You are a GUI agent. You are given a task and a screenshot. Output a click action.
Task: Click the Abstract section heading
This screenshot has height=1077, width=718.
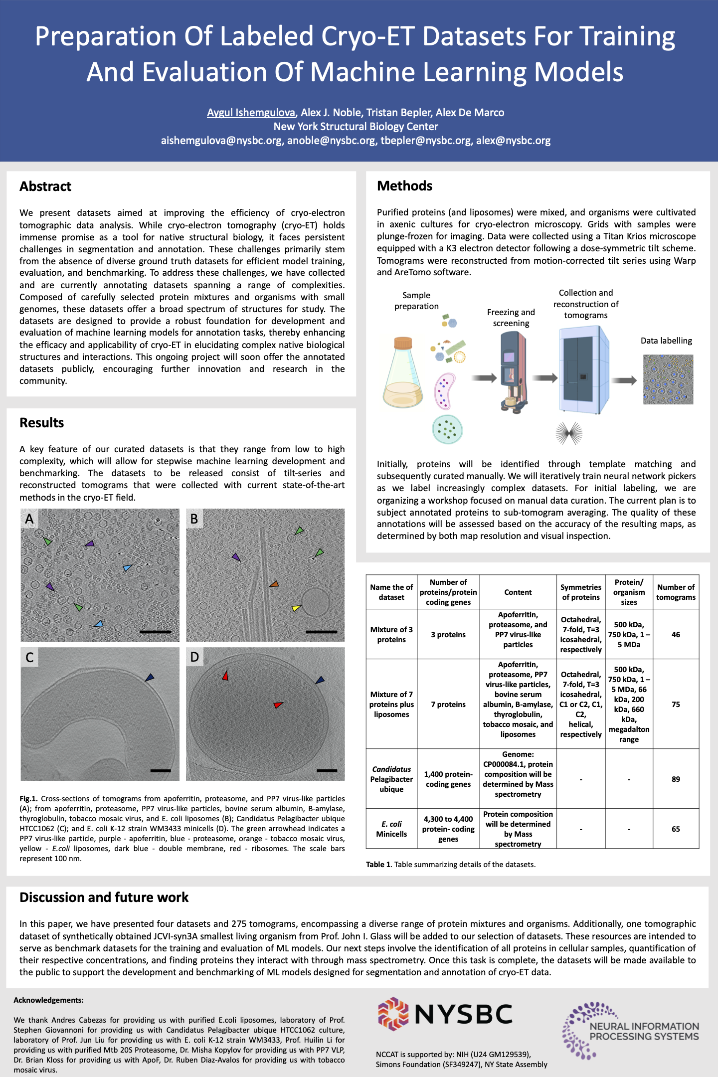[x=45, y=186]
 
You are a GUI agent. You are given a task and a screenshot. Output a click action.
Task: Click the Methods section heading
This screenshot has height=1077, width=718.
[x=405, y=186]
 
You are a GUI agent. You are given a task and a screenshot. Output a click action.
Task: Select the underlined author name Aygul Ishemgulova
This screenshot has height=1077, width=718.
[x=251, y=113]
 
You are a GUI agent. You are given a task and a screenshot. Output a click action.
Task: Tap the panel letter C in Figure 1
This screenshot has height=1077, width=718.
[x=29, y=657]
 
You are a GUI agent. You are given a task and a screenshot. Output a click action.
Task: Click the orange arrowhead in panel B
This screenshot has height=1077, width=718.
[x=274, y=584]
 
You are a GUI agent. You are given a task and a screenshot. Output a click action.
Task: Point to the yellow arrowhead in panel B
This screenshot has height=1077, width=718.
[x=296, y=608]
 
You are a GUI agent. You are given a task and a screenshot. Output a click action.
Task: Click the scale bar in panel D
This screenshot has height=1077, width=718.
[x=327, y=770]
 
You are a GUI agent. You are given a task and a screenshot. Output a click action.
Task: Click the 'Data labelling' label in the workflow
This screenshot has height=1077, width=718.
[x=666, y=341]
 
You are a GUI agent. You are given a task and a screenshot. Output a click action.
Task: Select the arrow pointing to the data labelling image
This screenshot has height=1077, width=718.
[x=624, y=380]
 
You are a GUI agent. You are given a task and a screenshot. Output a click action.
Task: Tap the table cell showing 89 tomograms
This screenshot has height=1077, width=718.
[x=676, y=779]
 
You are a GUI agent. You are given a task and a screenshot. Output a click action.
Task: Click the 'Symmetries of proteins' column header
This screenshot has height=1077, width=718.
[x=581, y=592]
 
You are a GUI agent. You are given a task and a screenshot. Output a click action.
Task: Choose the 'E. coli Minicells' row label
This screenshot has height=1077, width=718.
[x=391, y=829]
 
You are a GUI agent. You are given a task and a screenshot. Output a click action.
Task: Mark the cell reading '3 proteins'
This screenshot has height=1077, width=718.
[x=448, y=635]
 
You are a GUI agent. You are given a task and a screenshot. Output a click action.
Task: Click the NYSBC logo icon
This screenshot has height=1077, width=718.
[x=393, y=1014]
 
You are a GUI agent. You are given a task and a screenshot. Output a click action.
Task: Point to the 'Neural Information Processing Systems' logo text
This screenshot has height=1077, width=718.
[x=644, y=1031]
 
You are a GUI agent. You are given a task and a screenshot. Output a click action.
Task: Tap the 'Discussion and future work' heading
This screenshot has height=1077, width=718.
[x=104, y=897]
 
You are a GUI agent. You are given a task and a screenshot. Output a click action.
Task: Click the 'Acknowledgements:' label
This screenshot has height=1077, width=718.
[x=48, y=1000]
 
